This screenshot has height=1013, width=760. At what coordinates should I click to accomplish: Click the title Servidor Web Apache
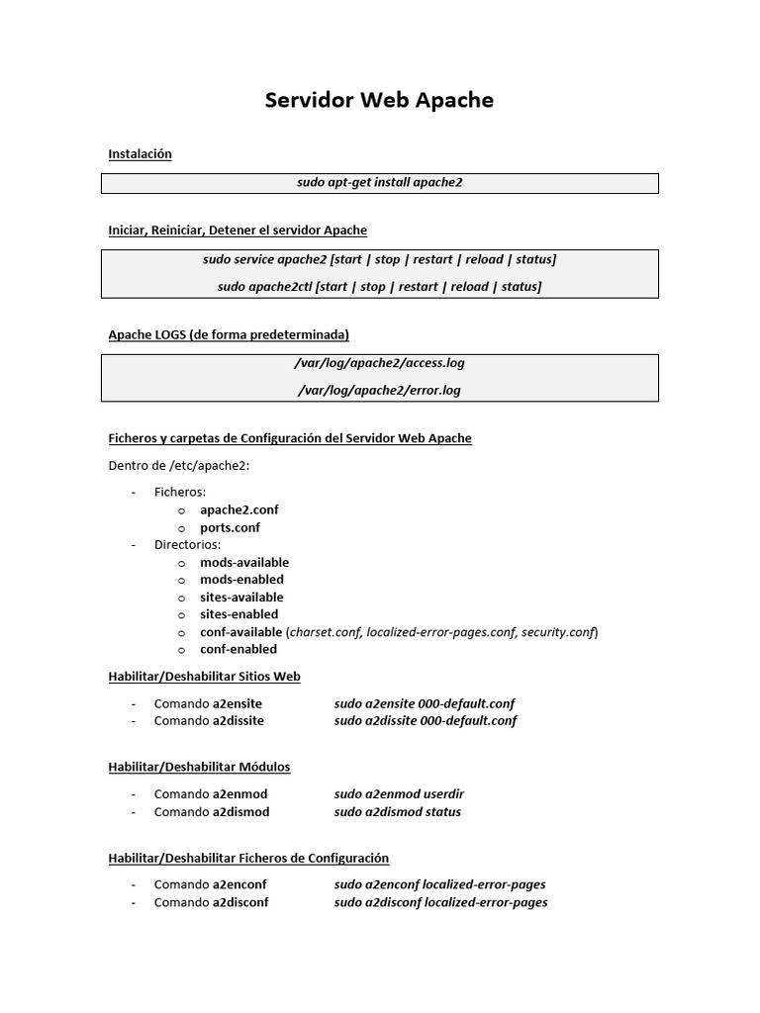coord(379,101)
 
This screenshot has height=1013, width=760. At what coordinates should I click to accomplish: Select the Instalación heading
coord(140,154)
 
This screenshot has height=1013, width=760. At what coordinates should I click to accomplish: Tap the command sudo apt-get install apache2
coord(379,183)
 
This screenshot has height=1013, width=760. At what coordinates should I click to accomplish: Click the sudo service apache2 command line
coord(379,259)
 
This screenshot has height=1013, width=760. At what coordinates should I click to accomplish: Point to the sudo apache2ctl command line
coord(379,287)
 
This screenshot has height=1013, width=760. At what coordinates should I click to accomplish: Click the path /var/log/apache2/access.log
coord(379,363)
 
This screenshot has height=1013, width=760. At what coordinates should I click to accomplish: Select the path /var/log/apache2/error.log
coord(379,390)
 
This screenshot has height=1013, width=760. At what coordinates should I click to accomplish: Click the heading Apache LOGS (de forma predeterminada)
coord(228,334)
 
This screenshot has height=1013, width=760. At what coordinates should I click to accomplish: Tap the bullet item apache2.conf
coord(238,509)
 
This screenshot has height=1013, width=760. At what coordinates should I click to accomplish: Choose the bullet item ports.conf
coord(230,527)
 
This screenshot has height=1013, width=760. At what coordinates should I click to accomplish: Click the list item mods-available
coord(244,562)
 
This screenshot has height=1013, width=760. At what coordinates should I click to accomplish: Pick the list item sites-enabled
coord(238,614)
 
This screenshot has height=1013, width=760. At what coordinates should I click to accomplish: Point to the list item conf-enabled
coord(237,649)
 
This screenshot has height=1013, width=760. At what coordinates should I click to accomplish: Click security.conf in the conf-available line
coord(558,631)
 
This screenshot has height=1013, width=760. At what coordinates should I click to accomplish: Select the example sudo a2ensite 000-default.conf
coord(425,703)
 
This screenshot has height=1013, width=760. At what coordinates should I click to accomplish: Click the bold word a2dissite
coord(238,721)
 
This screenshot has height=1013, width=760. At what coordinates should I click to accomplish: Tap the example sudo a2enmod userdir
coord(399,793)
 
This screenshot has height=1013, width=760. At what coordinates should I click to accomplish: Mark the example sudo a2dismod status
coord(397,812)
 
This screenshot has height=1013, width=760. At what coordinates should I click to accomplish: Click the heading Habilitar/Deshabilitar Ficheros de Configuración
coord(248,858)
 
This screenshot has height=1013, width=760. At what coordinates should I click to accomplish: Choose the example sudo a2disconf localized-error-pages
coord(440,902)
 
